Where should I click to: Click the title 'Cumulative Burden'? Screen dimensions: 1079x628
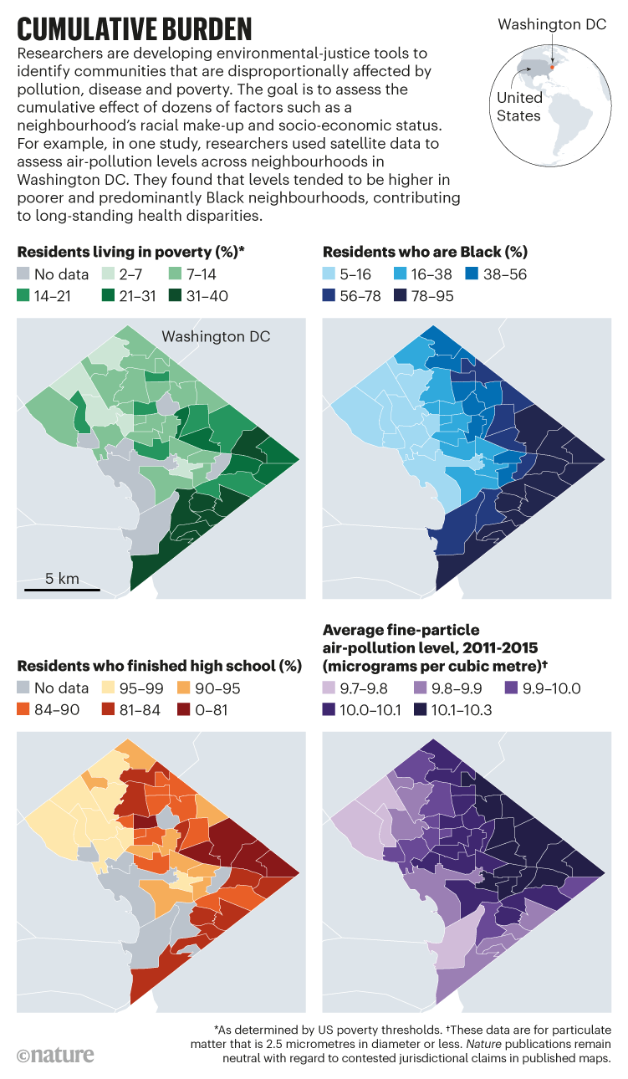coord(134,28)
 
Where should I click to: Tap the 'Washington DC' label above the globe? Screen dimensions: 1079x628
coord(551,24)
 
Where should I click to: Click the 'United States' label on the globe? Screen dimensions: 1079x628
coord(519,106)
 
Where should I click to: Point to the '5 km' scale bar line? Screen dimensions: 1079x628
coord(62,590)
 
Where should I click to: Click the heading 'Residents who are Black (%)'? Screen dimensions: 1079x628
coord(424,251)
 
